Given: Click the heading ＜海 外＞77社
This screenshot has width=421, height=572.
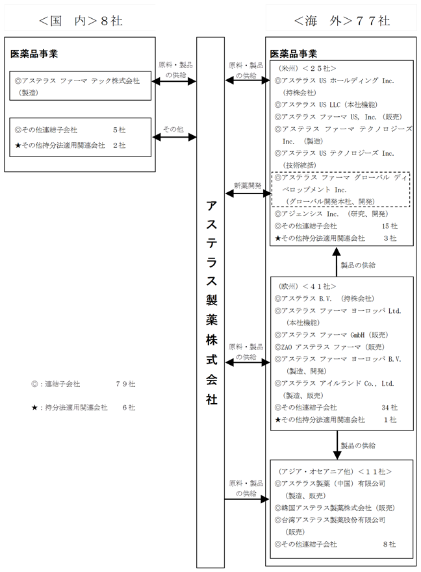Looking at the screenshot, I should [x=341, y=20].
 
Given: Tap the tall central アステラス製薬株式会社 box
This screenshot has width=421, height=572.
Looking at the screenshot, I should [x=212, y=303].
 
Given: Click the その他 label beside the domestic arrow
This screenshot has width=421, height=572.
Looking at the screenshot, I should [x=173, y=130].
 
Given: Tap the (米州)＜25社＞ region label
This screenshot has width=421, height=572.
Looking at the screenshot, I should [x=309, y=68].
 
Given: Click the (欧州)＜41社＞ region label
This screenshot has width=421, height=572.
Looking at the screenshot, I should [x=308, y=286].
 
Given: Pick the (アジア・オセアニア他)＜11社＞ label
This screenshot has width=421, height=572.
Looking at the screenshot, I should [x=335, y=471].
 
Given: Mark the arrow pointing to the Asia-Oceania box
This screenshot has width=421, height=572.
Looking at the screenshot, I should [x=246, y=499].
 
